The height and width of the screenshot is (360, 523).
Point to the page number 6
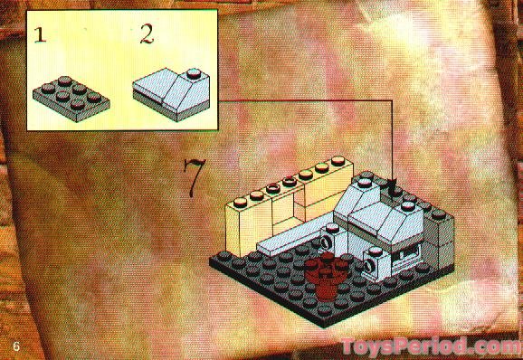click(x=15, y=347)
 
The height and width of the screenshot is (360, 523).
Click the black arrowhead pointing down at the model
click(x=393, y=187)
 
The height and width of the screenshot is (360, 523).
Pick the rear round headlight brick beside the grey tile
click(x=326, y=242)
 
